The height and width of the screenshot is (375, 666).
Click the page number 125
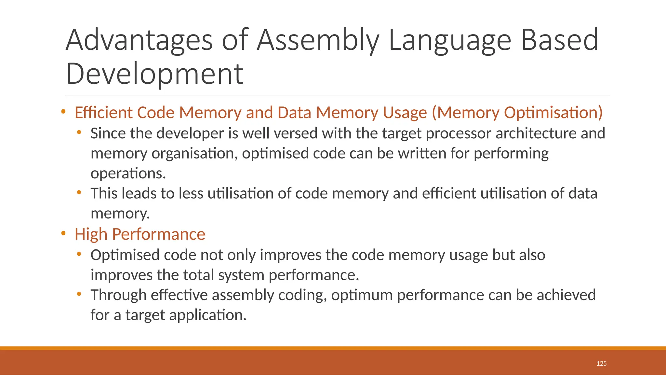click(601, 364)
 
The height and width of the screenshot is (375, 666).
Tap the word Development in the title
click(154, 74)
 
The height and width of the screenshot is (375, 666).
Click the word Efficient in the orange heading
click(103, 113)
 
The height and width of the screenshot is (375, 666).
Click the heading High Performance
click(140, 234)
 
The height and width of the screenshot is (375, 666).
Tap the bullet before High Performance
click(63, 233)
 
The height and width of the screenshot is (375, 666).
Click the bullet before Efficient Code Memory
click(63, 112)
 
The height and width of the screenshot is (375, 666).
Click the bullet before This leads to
click(79, 192)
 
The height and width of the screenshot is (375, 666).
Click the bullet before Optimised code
click(79, 254)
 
